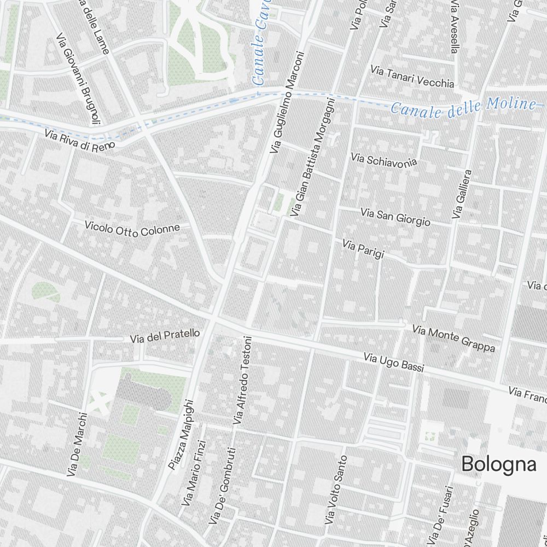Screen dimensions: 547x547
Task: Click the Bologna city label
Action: click(x=499, y=464)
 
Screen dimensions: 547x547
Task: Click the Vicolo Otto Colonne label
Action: click(x=132, y=229)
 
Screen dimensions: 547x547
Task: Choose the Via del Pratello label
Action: click(x=165, y=335)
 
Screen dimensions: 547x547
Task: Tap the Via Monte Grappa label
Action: click(x=453, y=339)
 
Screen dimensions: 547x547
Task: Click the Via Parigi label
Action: click(x=363, y=248)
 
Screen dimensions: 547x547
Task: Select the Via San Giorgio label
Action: click(x=395, y=217)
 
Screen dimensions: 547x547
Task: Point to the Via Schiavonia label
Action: click(x=384, y=160)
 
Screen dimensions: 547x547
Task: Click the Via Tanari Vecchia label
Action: click(x=412, y=77)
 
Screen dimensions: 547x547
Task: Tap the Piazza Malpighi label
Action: click(x=181, y=434)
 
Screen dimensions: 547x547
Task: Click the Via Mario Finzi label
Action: click(x=194, y=474)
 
